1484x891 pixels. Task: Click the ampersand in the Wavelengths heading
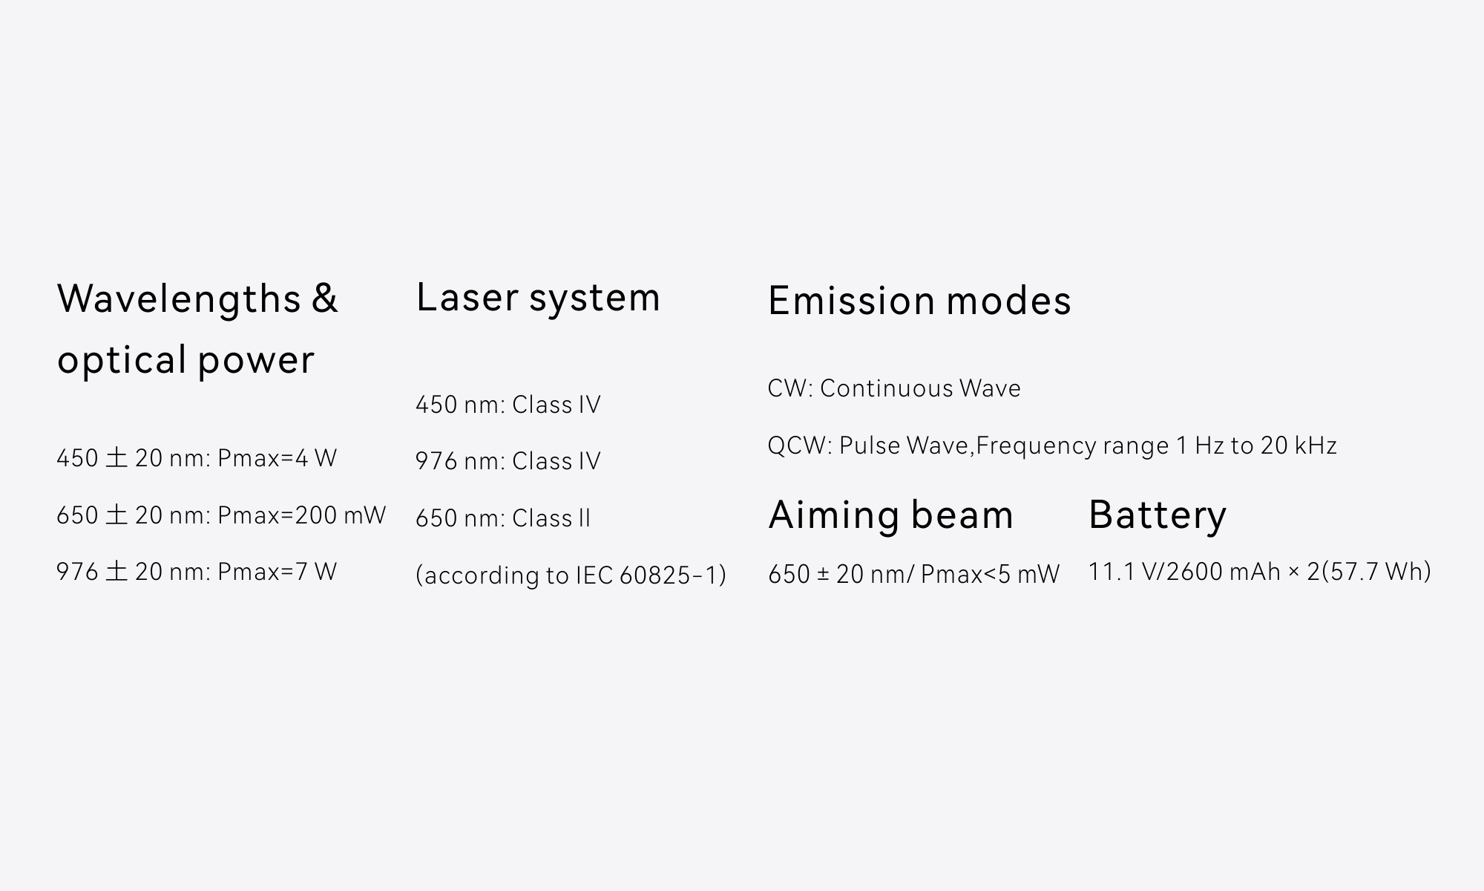click(324, 298)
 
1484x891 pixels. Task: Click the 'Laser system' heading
click(538, 298)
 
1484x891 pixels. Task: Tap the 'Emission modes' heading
click(919, 300)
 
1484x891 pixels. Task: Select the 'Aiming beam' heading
click(890, 514)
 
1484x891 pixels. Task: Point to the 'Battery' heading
click(1158, 514)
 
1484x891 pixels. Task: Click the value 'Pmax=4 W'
click(277, 457)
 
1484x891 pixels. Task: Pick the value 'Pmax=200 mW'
click(301, 515)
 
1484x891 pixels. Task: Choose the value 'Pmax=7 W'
click(277, 571)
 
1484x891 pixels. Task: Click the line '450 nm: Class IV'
click(508, 405)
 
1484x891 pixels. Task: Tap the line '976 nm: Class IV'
click(508, 461)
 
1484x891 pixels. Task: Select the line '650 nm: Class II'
click(503, 518)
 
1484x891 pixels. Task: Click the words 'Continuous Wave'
click(920, 388)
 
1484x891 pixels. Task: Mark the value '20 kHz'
click(1298, 446)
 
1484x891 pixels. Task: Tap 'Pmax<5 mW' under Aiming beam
click(990, 574)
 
